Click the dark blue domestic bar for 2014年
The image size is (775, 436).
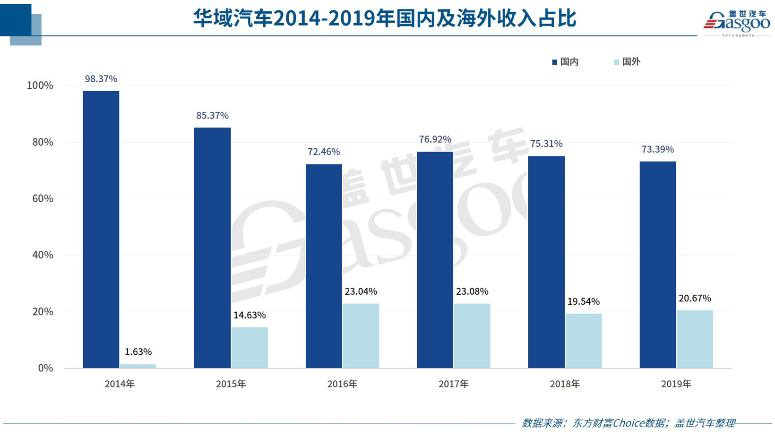click(x=101, y=229)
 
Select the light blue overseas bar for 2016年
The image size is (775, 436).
click(x=361, y=335)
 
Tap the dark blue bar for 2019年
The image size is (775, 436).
click(x=657, y=265)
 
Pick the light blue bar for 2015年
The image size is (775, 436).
click(x=250, y=347)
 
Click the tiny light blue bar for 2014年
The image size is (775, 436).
click(x=138, y=366)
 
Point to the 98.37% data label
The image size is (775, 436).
click(x=101, y=79)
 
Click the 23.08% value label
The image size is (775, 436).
click(x=472, y=291)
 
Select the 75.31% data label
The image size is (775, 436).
click(x=546, y=144)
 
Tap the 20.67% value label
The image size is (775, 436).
click(x=695, y=298)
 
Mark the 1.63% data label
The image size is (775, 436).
click(x=138, y=352)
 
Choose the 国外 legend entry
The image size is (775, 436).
click(x=627, y=62)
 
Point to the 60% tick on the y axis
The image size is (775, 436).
click(x=43, y=198)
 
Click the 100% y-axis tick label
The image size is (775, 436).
click(x=40, y=85)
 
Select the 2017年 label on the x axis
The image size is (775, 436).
click(x=454, y=384)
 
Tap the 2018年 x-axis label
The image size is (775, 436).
click(x=565, y=384)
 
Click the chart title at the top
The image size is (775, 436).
click(x=385, y=18)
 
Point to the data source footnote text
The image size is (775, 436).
click(x=629, y=423)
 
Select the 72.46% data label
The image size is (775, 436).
click(x=324, y=152)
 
